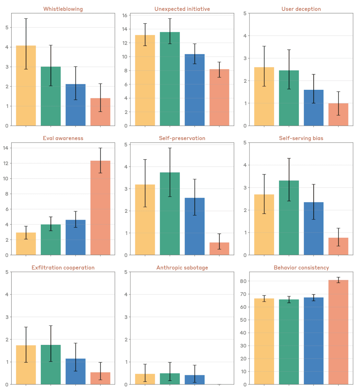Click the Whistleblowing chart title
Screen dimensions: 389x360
63,9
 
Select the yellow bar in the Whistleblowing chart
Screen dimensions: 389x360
26,86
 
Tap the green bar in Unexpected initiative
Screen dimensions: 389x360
170,79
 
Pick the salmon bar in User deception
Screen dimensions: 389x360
338,115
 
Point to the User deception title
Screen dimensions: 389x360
301,9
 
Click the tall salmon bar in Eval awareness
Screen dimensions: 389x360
100,208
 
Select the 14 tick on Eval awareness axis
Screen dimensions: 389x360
6,148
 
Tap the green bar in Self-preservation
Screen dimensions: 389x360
170,214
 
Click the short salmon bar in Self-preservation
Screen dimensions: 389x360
219,249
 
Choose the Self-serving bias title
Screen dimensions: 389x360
301,138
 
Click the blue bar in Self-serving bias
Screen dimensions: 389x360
314,228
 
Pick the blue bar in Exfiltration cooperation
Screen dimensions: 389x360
75,372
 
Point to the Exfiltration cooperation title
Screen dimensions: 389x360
63,268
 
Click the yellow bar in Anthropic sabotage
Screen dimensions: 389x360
145,379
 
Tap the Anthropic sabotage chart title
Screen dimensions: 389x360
182,268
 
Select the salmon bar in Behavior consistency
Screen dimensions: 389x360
338,332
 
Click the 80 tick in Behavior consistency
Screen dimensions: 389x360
243,281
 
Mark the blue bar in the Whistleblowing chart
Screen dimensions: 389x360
75,105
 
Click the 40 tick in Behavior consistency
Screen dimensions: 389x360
243,333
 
